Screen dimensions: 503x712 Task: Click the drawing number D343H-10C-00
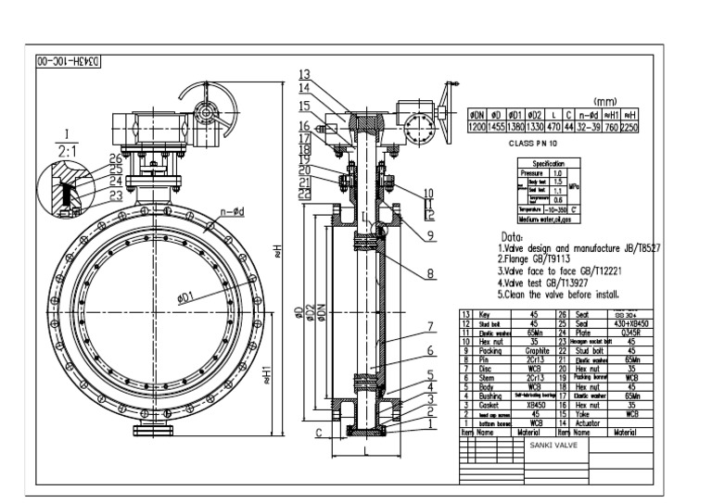(x=68, y=63)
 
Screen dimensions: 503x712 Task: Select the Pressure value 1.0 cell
(x=557, y=172)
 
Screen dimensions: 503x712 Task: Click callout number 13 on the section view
(x=304, y=74)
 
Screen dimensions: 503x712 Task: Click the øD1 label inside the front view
(x=185, y=296)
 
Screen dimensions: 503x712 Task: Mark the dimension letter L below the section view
(x=368, y=451)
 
